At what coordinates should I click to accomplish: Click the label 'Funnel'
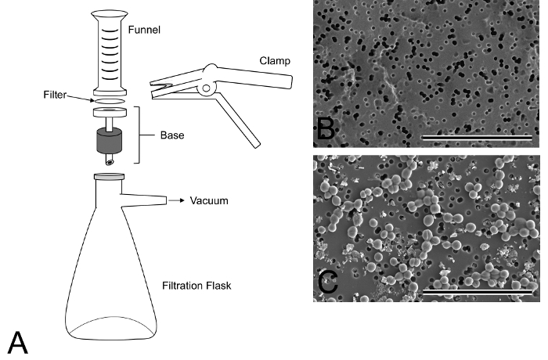point(146,32)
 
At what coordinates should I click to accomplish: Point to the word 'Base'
point(171,135)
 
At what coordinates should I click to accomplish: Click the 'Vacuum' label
point(209,201)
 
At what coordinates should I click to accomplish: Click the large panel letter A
point(19,341)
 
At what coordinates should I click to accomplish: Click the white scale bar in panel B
point(477,137)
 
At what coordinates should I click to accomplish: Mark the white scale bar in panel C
point(477,292)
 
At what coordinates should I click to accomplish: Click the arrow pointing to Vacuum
point(176,201)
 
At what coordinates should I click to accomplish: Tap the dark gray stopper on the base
point(110,142)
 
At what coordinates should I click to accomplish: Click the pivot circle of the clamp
point(206,90)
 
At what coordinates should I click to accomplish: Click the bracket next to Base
point(142,135)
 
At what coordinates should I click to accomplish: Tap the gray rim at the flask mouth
point(108,177)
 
